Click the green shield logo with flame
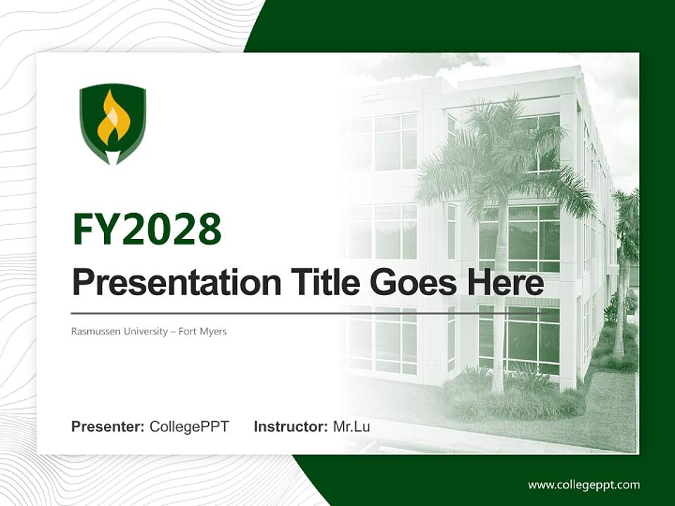pyautogui.click(x=112, y=124)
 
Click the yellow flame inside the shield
pyautogui.click(x=112, y=118)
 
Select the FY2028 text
pyautogui.click(x=147, y=230)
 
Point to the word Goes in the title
pyautogui.click(x=409, y=283)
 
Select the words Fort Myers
pyautogui.click(x=202, y=331)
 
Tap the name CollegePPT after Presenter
pyautogui.click(x=189, y=427)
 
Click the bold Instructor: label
pyautogui.click(x=290, y=427)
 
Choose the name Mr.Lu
pyautogui.click(x=352, y=427)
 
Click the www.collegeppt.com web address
pyautogui.click(x=584, y=484)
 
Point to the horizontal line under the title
pyautogui.click(x=281, y=313)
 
